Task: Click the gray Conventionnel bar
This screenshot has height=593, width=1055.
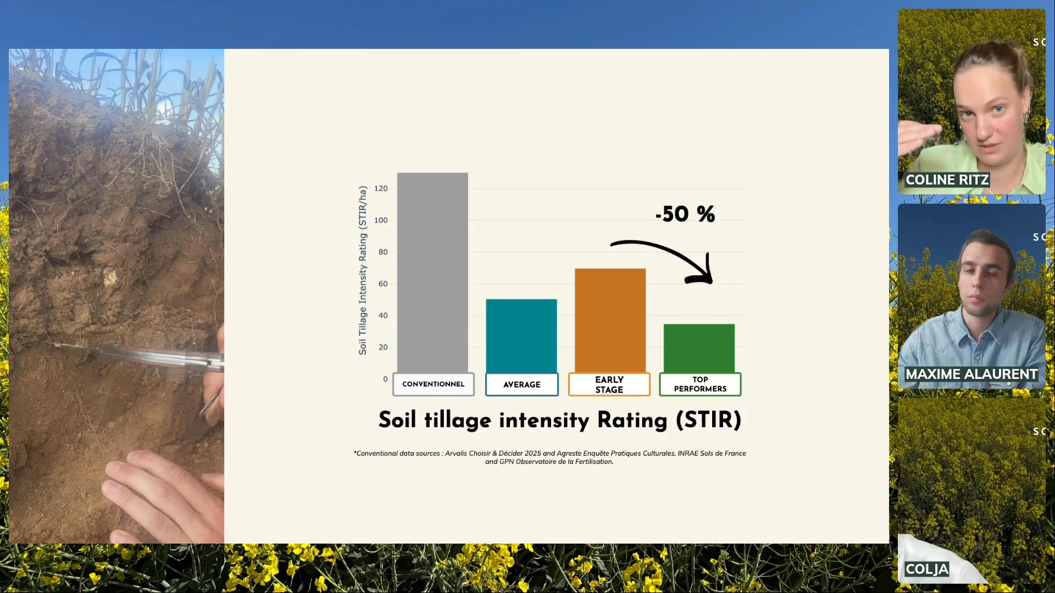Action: (432, 273)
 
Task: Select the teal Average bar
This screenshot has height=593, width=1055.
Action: (521, 336)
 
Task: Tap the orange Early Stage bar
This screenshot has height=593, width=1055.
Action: (610, 321)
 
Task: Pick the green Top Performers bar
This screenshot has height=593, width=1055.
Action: (699, 349)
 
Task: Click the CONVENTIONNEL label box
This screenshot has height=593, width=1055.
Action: (434, 384)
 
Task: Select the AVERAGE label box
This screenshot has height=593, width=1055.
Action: (522, 384)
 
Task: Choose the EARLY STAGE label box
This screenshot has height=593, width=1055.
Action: (609, 384)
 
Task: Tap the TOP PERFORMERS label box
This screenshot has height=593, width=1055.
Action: (701, 384)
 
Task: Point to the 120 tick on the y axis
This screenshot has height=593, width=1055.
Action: (381, 188)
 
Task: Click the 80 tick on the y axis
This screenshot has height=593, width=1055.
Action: (383, 252)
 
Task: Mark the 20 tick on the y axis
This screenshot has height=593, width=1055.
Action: (383, 347)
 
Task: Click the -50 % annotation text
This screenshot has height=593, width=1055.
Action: (685, 214)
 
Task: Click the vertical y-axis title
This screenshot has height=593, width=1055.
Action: (363, 270)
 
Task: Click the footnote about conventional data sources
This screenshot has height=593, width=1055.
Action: (549, 457)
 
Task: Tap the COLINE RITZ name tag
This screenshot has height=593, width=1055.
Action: (947, 180)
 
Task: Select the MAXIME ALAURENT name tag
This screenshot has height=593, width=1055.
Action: (971, 374)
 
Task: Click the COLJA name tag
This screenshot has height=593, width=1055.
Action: (927, 569)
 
